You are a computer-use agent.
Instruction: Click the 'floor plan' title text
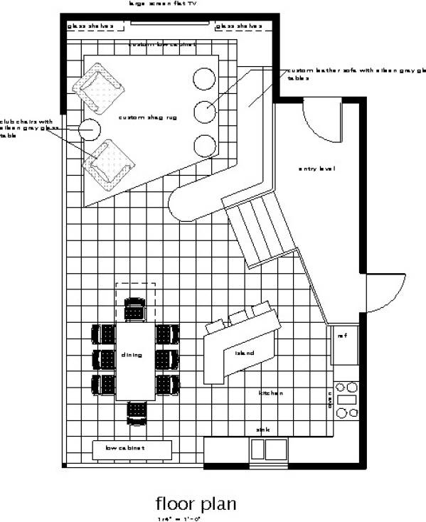coord(196,504)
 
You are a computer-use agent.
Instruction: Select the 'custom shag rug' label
coord(142,117)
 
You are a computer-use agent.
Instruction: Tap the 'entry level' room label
coord(316,169)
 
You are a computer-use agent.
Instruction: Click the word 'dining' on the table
coord(132,354)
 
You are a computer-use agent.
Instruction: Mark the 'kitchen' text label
coord(270,393)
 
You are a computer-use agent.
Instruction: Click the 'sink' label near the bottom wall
coord(263,430)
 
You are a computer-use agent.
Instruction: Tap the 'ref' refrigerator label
coord(341,335)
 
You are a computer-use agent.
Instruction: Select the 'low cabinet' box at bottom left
coord(132,449)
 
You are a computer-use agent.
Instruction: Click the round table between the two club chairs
coord(90,129)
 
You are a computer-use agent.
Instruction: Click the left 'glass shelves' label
coord(90,26)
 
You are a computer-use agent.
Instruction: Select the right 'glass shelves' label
coord(239,26)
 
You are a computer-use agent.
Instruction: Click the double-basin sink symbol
coord(267,449)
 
